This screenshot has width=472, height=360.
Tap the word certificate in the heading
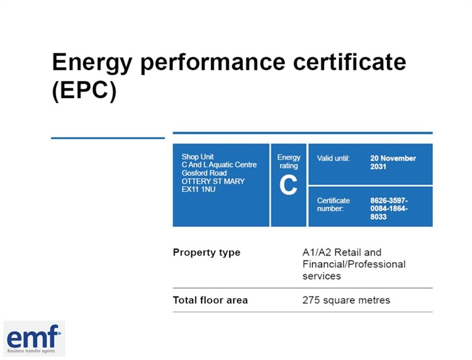[x=350, y=62]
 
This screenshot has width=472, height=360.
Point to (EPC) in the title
[x=84, y=91]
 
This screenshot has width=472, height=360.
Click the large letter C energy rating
[x=288, y=185]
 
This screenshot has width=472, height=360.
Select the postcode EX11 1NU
[x=198, y=189]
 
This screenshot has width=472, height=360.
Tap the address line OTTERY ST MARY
[x=213, y=181]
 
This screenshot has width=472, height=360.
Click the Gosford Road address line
[x=204, y=173]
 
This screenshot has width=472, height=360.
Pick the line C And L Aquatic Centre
[x=219, y=165]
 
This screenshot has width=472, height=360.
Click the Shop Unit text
[x=198, y=157]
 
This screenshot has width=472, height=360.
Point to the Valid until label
[x=333, y=159]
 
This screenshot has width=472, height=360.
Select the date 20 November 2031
[x=393, y=162]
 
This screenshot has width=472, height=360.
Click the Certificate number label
[x=333, y=205]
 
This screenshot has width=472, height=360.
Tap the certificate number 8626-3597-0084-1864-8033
[x=389, y=208]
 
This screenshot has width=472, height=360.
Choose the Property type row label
[x=206, y=252]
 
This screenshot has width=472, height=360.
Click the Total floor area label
[x=210, y=300]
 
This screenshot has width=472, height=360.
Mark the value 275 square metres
[x=346, y=300]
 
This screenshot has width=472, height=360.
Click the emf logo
[x=34, y=339]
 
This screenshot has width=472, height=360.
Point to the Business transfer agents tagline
[x=31, y=351]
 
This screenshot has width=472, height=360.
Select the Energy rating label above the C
[x=289, y=162]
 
